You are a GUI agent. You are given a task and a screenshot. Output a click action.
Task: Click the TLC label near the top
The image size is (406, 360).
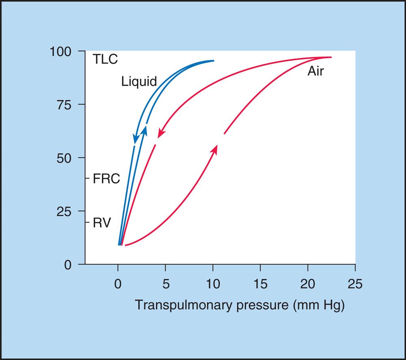(105, 59)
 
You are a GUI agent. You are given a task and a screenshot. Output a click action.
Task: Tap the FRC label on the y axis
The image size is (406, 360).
(106, 179)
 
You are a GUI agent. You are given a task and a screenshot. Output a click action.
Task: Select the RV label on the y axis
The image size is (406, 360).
(101, 223)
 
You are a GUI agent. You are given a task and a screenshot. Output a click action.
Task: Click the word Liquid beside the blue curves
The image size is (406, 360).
(139, 82)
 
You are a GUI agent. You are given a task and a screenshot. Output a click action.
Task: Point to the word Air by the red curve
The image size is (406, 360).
(316, 72)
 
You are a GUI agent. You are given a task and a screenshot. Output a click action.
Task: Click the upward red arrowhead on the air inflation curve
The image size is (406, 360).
(215, 149)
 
